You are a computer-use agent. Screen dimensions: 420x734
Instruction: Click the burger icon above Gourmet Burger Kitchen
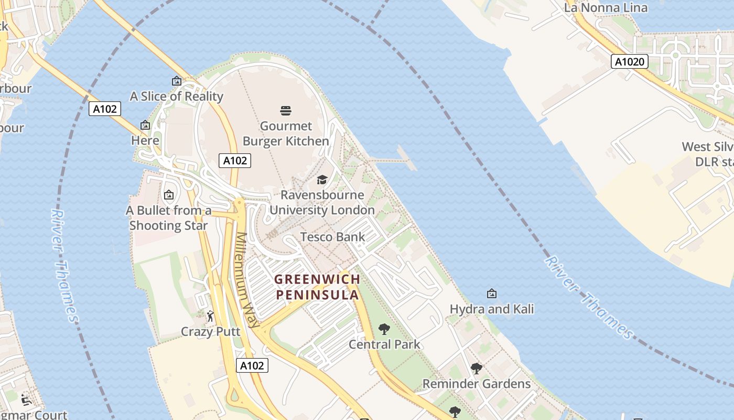tap(286, 111)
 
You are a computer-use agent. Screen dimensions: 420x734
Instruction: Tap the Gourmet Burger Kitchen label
tap(286, 133)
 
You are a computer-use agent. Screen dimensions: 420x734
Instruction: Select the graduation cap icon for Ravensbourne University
tap(322, 180)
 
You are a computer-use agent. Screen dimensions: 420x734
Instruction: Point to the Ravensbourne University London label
tap(322, 203)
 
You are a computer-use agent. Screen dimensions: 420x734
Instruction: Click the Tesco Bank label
tap(332, 237)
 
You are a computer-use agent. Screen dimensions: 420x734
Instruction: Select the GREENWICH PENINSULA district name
tap(318, 287)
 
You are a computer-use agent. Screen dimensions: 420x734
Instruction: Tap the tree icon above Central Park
tap(384, 329)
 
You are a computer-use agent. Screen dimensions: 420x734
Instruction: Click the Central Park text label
tap(384, 344)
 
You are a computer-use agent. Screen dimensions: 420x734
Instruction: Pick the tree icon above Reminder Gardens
tap(476, 369)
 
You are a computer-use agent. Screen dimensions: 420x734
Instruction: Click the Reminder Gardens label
tap(476, 384)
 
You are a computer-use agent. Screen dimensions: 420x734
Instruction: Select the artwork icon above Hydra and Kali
tap(492, 293)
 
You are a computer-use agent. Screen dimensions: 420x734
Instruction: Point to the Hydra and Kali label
tap(492, 309)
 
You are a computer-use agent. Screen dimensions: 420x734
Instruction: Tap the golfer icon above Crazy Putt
tap(210, 316)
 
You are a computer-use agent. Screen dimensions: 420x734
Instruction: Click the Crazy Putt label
tap(210, 332)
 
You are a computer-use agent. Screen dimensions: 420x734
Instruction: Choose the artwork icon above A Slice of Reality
tap(177, 81)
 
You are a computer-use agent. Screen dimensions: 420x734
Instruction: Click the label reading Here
tap(145, 141)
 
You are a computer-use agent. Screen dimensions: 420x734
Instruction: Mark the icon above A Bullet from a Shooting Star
tap(169, 195)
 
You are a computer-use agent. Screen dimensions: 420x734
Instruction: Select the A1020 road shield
tap(629, 62)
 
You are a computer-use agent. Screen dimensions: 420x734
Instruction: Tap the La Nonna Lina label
tap(606, 7)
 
